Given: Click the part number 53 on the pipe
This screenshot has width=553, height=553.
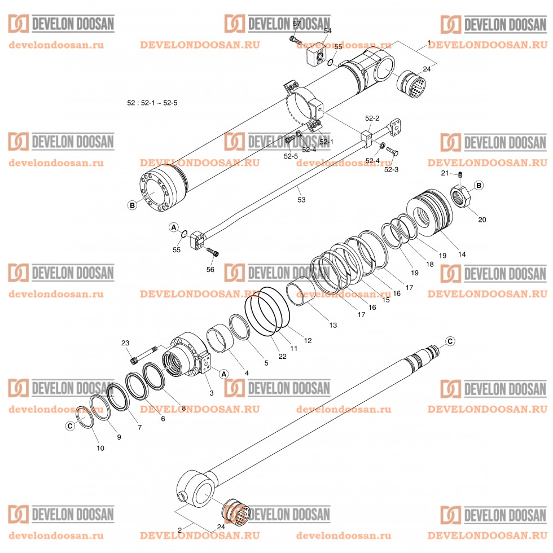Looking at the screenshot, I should pyautogui.click(x=301, y=199).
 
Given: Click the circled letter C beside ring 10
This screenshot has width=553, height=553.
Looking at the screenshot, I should pyautogui.click(x=70, y=426).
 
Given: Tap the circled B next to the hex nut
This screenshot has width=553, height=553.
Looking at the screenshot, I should pyautogui.click(x=479, y=185).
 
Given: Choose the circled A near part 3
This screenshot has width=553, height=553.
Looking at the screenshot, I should pyautogui.click(x=223, y=374).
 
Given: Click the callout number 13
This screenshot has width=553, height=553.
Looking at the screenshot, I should pyautogui.click(x=332, y=325).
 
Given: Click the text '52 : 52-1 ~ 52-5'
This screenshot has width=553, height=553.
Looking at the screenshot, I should pyautogui.click(x=152, y=103).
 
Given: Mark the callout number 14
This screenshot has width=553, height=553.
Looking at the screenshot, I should pyautogui.click(x=462, y=254).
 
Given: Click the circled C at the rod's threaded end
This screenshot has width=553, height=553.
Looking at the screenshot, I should pyautogui.click(x=450, y=341).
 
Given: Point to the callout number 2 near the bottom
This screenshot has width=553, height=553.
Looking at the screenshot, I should pyautogui.click(x=179, y=530).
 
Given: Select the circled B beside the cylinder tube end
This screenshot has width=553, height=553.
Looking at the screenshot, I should pyautogui.click(x=132, y=205).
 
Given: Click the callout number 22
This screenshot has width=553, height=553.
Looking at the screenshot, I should pyautogui.click(x=282, y=356).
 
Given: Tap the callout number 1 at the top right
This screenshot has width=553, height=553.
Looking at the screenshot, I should pyautogui.click(x=429, y=43).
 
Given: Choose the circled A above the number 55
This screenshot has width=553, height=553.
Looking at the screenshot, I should pyautogui.click(x=174, y=227).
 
